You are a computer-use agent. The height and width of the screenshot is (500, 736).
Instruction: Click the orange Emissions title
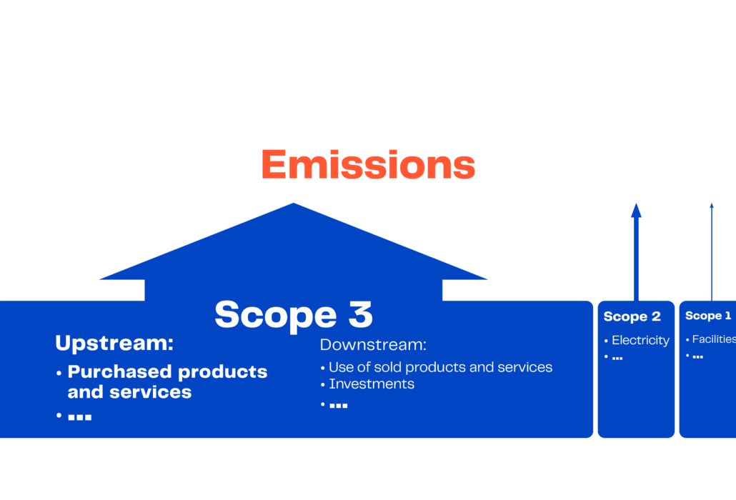[369, 164]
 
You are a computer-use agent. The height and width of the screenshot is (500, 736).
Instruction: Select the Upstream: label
[114, 343]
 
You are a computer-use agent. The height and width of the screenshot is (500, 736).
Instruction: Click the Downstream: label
[373, 345]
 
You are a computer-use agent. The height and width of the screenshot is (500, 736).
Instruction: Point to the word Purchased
[120, 372]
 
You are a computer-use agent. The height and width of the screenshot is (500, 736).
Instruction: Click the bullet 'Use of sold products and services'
[440, 367]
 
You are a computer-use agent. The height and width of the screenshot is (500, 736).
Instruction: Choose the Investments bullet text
[372, 384]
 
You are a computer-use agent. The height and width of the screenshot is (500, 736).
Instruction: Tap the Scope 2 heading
[632, 316]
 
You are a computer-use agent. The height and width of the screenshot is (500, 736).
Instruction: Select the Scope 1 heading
[708, 316]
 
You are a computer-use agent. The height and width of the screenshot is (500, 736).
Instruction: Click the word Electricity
[640, 340]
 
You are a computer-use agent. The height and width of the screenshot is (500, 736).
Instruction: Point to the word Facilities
[714, 339]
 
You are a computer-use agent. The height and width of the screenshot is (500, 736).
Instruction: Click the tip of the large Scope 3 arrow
[294, 203]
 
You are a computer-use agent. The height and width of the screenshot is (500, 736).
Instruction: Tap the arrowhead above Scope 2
[636, 210]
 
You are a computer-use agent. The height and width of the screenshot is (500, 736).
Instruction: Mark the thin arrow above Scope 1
[712, 252]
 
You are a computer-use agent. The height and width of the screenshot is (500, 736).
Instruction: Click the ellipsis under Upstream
[79, 417]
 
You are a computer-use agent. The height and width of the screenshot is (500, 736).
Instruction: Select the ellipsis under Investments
[339, 405]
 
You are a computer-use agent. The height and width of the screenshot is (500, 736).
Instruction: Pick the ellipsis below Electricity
[617, 358]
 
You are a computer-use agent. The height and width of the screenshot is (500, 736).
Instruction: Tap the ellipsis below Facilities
[697, 357]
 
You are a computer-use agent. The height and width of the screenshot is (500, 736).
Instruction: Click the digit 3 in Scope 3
[361, 314]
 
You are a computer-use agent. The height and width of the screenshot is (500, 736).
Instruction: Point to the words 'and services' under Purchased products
[129, 392]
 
